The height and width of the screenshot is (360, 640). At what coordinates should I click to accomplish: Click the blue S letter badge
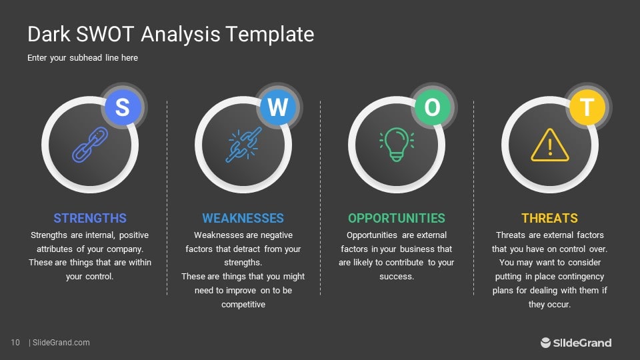click(123, 107)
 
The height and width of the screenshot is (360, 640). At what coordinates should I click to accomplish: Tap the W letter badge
click(277, 107)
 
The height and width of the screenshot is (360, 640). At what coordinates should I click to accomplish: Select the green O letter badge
click(432, 107)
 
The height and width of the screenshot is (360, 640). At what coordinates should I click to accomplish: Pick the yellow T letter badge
click(587, 107)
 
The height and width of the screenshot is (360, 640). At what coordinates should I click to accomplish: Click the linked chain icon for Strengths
click(89, 145)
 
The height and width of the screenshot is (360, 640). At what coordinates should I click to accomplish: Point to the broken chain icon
click(243, 145)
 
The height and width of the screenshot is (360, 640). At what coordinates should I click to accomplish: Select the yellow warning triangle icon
click(550, 145)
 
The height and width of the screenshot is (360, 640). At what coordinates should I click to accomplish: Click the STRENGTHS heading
click(90, 218)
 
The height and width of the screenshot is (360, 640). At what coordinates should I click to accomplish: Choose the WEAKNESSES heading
click(243, 218)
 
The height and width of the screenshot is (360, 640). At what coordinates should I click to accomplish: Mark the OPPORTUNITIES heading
click(397, 218)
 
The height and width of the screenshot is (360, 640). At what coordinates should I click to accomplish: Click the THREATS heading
click(550, 218)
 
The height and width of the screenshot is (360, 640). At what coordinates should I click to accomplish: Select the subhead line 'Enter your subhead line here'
click(83, 58)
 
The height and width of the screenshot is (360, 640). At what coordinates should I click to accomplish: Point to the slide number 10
click(15, 343)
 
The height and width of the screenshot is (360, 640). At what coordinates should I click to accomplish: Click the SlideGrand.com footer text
click(61, 343)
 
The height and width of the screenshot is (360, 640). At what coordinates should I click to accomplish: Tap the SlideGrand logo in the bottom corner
click(576, 343)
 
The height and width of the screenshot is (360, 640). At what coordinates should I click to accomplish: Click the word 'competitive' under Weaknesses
click(243, 305)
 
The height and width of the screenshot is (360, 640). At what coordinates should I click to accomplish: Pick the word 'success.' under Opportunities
click(397, 277)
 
